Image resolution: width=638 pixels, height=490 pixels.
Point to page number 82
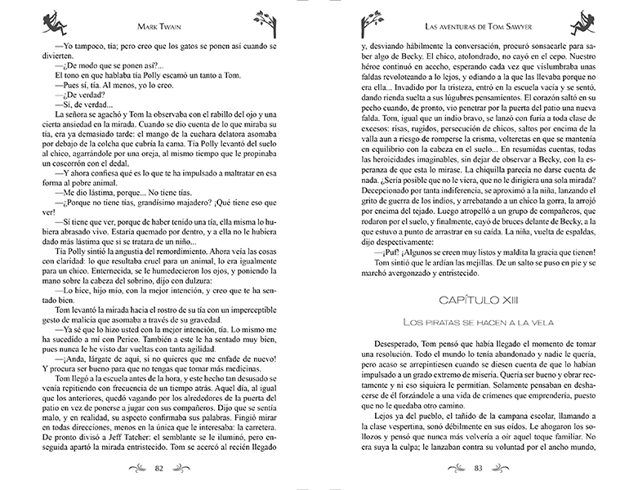click(160, 468)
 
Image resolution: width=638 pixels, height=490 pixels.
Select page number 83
click(477, 468)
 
